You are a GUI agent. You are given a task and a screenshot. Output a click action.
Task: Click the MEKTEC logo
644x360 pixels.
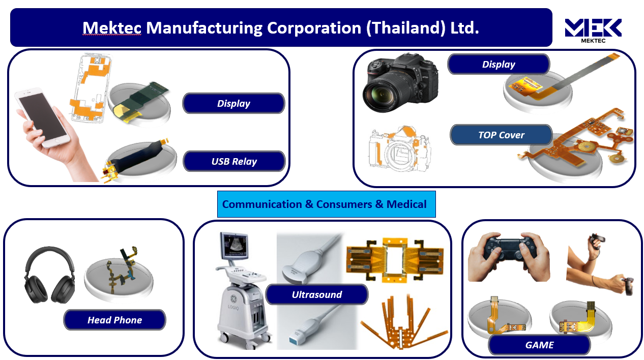tap(593, 30)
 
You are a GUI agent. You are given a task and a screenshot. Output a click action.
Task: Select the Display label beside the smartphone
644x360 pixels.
tap(233, 103)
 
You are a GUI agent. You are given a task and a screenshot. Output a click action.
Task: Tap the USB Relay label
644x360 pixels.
tap(234, 161)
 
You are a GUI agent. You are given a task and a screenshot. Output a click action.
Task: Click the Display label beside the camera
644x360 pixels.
tap(499, 64)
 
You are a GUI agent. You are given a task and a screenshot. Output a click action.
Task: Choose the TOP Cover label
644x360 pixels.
tap(501, 135)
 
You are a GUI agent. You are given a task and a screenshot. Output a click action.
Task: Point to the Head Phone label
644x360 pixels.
tap(114, 320)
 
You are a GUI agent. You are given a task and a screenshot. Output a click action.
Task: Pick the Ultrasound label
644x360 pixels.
tap(316, 294)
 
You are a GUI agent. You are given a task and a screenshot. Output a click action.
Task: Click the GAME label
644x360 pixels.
tap(539, 345)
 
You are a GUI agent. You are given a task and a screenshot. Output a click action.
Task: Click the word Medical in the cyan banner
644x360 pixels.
tap(406, 204)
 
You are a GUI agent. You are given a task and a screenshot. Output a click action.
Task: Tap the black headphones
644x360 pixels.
tap(50, 275)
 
